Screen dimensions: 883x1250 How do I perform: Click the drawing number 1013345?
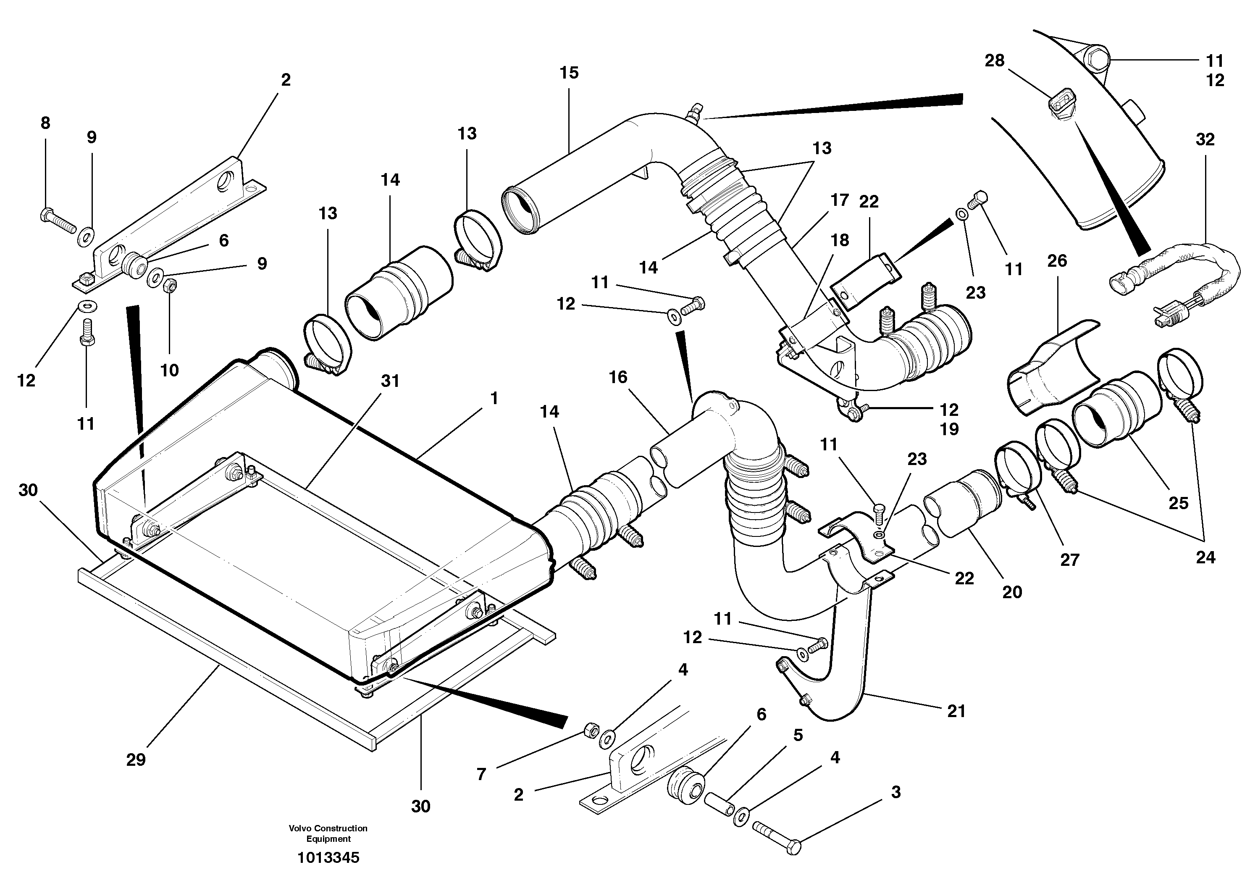click(x=328, y=858)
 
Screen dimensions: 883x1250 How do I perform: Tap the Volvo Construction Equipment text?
click(x=328, y=833)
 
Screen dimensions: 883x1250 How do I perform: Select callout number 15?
click(x=569, y=72)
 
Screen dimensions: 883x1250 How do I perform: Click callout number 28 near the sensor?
click(x=994, y=60)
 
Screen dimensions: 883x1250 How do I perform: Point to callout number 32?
click(x=1205, y=140)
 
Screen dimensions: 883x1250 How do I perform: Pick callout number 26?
click(x=1057, y=261)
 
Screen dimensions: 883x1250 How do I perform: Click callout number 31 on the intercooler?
click(x=390, y=381)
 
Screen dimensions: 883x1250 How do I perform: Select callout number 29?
click(x=136, y=760)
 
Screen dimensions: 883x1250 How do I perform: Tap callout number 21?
click(x=956, y=711)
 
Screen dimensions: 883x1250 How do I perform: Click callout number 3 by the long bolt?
click(x=896, y=792)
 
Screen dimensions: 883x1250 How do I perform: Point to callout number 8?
click(x=45, y=123)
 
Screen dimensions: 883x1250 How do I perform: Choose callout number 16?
click(x=618, y=377)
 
